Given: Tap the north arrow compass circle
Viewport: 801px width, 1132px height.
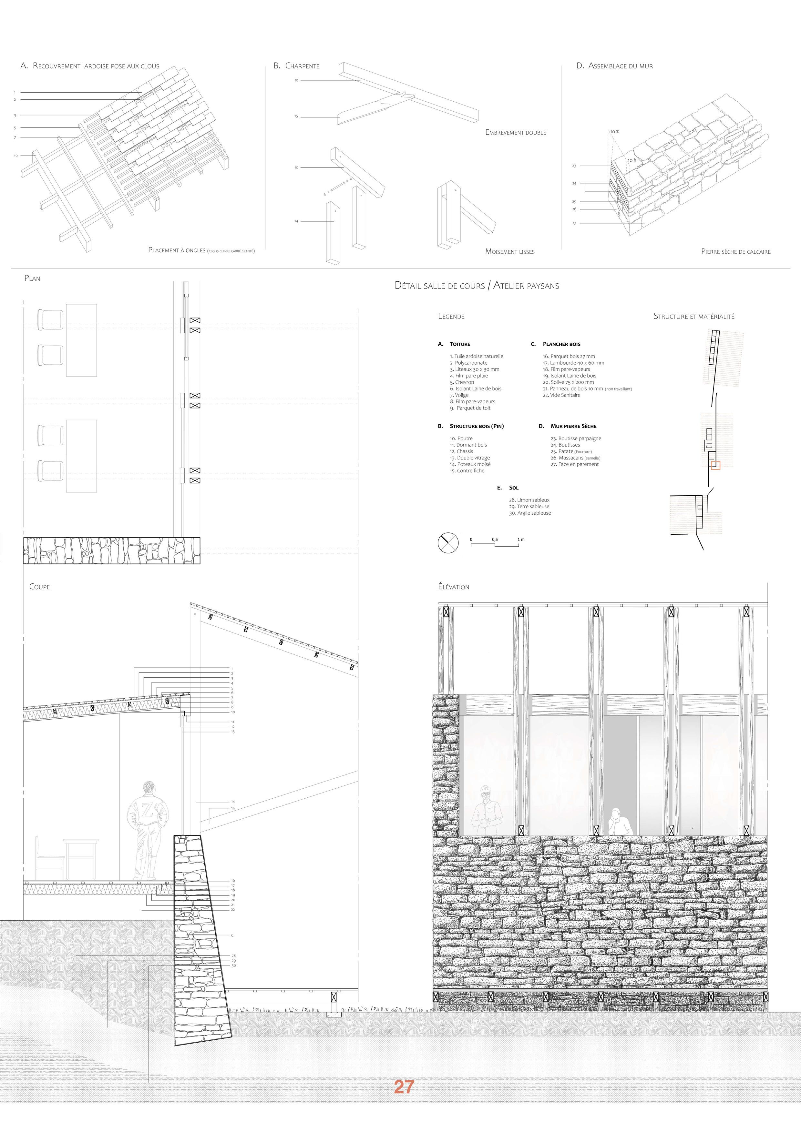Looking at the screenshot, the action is point(448,543).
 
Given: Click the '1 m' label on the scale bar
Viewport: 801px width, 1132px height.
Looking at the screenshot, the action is point(521,539).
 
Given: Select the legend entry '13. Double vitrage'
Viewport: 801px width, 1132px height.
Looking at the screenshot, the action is point(469,458).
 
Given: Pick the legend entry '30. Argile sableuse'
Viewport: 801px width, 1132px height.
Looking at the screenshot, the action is point(530,513).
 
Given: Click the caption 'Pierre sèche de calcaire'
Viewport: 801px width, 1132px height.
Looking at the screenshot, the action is point(735,251).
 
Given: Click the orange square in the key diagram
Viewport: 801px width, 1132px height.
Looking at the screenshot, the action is point(715,465).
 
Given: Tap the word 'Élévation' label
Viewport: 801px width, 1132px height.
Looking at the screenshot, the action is point(453,587).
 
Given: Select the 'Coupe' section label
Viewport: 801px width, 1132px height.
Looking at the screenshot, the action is point(39,587).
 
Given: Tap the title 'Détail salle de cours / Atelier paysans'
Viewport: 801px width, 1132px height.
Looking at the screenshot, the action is point(477,286).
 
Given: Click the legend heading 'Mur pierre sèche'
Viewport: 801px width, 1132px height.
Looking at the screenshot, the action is point(573,426).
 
